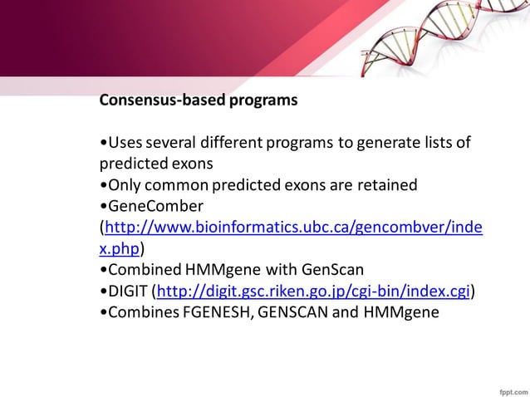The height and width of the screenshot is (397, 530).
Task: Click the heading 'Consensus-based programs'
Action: (198, 100)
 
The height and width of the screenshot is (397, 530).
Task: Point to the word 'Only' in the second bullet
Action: (123, 184)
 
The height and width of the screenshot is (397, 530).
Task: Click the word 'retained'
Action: (387, 184)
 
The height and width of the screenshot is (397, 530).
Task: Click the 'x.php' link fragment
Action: (120, 248)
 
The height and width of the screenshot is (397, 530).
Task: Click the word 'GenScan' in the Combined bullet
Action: (336, 270)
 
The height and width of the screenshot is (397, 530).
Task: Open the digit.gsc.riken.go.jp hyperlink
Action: (314, 291)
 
